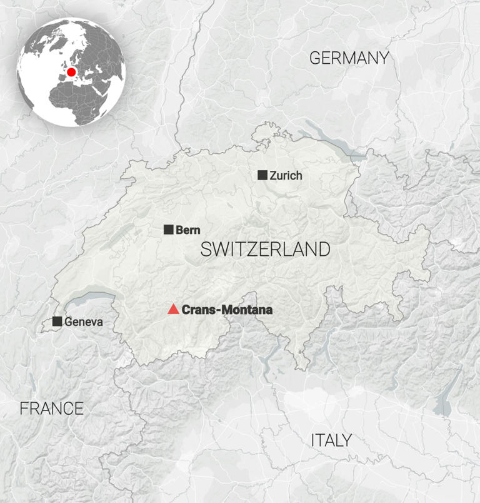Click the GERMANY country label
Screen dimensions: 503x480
[x=349, y=58]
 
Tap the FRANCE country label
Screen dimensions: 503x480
[x=51, y=409]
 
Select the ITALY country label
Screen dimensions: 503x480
[x=331, y=440]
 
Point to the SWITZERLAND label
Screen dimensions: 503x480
[x=265, y=249]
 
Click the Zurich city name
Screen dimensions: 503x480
[x=286, y=176]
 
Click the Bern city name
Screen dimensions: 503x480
[x=188, y=230]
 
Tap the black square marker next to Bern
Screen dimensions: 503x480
[x=169, y=230]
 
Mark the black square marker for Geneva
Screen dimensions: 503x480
[x=57, y=322]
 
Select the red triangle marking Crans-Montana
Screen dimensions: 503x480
[x=173, y=309]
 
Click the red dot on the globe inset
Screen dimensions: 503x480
[x=71, y=72]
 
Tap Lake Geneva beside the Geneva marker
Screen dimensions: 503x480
[x=94, y=299]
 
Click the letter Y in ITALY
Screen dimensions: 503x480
[x=346, y=440]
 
